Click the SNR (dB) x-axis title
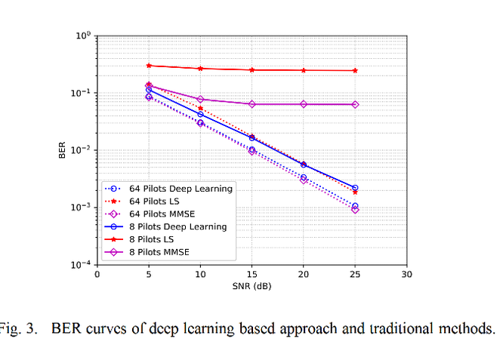point(251,286)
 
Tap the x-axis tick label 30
point(406,274)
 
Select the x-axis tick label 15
point(251,274)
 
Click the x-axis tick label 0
point(97,274)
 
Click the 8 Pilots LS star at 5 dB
point(149,66)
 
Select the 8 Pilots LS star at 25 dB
point(355,70)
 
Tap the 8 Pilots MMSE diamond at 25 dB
point(355,104)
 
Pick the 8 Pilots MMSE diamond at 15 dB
point(251,104)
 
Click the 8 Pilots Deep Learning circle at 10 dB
point(200,115)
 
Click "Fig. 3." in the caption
point(13,329)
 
